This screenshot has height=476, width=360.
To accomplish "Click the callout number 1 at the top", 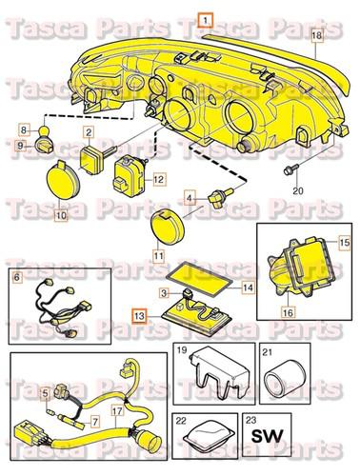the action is [206, 21].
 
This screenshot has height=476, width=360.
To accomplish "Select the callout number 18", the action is [316, 35].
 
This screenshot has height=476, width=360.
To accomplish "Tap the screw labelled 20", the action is [290, 169].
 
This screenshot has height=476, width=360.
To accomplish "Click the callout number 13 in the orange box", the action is [139, 316].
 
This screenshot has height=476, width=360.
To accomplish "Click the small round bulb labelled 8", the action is [44, 130].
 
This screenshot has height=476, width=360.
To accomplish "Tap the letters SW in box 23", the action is [267, 436].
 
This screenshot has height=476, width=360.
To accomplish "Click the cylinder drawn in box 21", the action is [278, 377].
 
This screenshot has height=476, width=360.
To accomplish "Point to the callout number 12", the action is [158, 180].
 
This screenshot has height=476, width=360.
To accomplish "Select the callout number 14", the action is [248, 288].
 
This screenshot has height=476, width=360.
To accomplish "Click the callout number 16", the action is [288, 312].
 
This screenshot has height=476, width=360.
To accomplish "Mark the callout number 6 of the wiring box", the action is [17, 277].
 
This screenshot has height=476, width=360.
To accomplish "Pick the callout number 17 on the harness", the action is [117, 411].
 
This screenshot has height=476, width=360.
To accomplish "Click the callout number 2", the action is [89, 132].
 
